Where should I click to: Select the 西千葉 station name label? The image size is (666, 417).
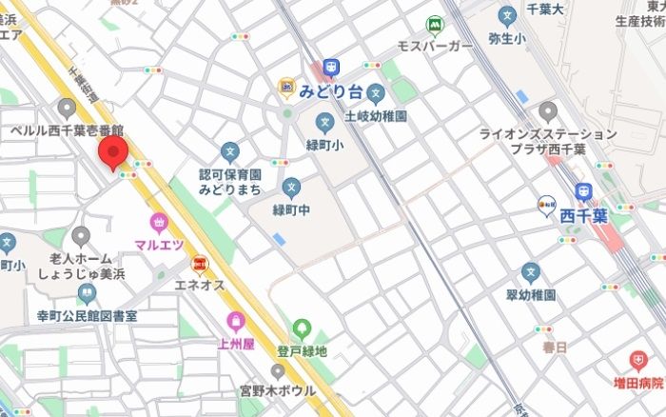click(581, 213)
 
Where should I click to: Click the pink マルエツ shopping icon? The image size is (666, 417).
click(156, 223)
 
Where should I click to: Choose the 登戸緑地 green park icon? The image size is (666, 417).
click(302, 329)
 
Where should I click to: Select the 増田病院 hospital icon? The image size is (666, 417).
click(637, 360)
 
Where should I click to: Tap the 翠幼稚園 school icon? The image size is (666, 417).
click(531, 273)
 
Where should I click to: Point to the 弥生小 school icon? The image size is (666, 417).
click(507, 16)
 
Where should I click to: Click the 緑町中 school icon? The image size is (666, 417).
click(291, 188)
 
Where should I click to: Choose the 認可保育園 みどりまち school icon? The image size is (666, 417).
click(229, 151)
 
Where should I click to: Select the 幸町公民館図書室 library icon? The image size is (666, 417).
click(87, 294)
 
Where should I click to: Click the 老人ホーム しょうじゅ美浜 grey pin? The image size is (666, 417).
click(81, 235)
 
